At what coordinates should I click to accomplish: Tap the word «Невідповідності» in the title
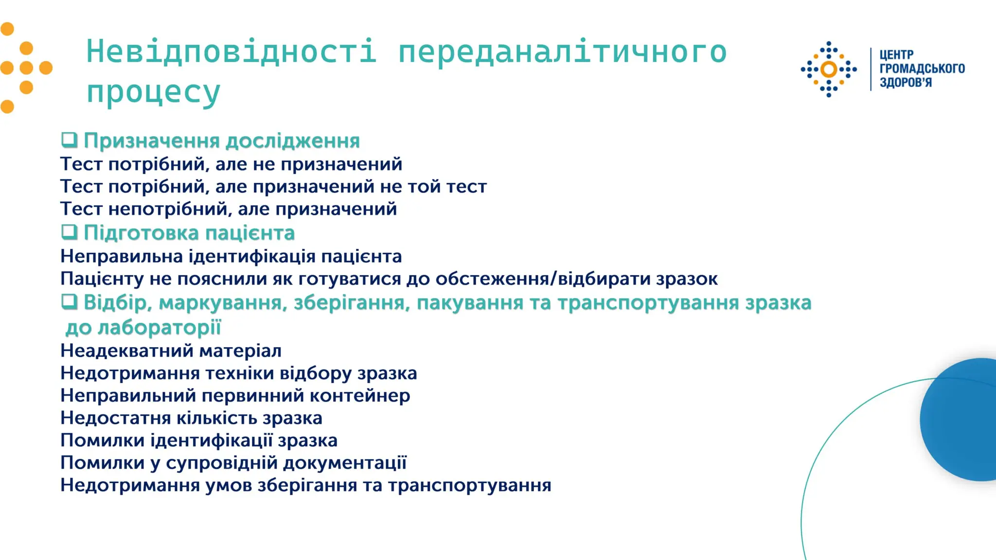click(x=231, y=52)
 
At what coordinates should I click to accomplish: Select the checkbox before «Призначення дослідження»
click(x=69, y=140)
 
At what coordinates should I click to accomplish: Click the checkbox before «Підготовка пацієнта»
click(x=69, y=232)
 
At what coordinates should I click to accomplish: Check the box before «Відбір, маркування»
click(x=69, y=302)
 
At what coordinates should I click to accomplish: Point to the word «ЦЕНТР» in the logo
click(x=896, y=55)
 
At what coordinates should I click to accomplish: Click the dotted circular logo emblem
click(x=829, y=70)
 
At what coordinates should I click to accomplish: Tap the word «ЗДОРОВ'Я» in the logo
click(x=906, y=83)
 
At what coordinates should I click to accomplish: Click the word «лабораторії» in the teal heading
click(x=160, y=328)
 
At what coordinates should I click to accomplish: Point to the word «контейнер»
click(x=360, y=396)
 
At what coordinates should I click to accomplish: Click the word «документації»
click(x=345, y=463)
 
